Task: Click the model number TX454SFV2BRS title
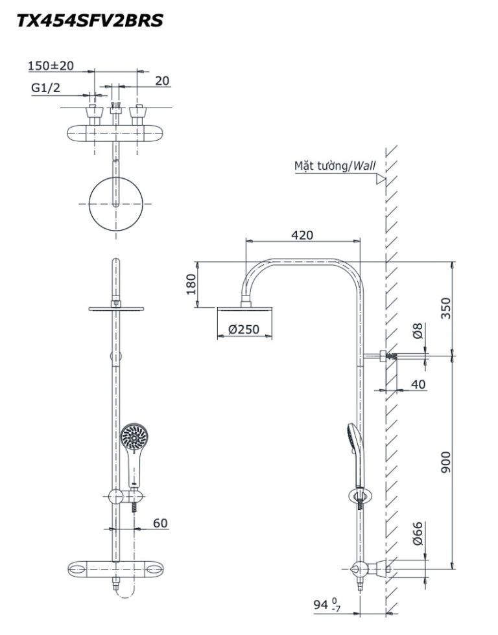[x=89, y=20]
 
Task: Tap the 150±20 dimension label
[x=51, y=65]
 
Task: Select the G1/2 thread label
[x=45, y=87]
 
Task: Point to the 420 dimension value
[x=302, y=235]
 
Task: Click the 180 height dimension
[x=191, y=284]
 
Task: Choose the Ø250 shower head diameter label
[x=244, y=329]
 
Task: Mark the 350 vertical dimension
[x=445, y=308]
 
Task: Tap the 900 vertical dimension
[x=445, y=462]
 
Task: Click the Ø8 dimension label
[x=418, y=330]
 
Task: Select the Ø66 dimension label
[x=418, y=533]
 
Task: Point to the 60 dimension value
[x=160, y=524]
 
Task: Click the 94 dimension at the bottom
[x=327, y=605]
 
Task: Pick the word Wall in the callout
[x=364, y=166]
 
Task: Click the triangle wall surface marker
[x=380, y=179]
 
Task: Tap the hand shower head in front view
[x=134, y=437]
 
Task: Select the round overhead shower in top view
[x=116, y=203]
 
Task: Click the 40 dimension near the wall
[x=419, y=384]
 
